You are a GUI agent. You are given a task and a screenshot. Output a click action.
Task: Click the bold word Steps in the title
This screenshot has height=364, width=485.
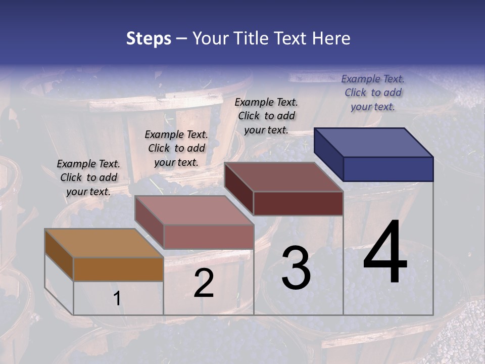coord(149,38)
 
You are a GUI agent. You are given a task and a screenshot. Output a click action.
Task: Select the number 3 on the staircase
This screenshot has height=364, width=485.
coord(296,267)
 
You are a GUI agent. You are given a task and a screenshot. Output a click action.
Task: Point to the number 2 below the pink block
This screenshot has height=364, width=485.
coord(204,283)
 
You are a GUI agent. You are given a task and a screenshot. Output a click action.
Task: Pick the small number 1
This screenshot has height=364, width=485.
coord(117,299)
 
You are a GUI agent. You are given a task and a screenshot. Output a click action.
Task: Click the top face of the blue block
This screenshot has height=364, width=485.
coord(374,142)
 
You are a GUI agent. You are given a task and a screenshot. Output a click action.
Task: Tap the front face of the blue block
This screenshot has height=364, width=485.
coord(388,169)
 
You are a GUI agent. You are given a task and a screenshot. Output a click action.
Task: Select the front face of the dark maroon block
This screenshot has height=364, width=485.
coord(298,203)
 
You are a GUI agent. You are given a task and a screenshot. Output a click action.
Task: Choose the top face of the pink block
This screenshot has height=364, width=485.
coord(195,210)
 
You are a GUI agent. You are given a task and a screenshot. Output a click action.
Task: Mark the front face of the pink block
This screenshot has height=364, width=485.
coord(209,237)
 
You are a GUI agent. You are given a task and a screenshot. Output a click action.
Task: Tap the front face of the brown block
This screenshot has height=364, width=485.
coord(118,269)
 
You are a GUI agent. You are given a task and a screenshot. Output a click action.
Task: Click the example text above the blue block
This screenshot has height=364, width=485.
coord(373,93)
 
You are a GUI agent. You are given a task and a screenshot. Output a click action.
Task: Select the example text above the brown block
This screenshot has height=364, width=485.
coord(88,177)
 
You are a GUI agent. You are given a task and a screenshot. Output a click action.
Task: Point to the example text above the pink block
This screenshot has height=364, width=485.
coord(176,148)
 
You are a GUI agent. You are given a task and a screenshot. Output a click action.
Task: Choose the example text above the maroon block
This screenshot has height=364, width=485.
coord(266,116)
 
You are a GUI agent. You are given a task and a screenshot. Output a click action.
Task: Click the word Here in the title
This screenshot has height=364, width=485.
coord(332,38)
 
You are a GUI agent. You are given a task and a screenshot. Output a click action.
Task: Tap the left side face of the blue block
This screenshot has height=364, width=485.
coord(328,154)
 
